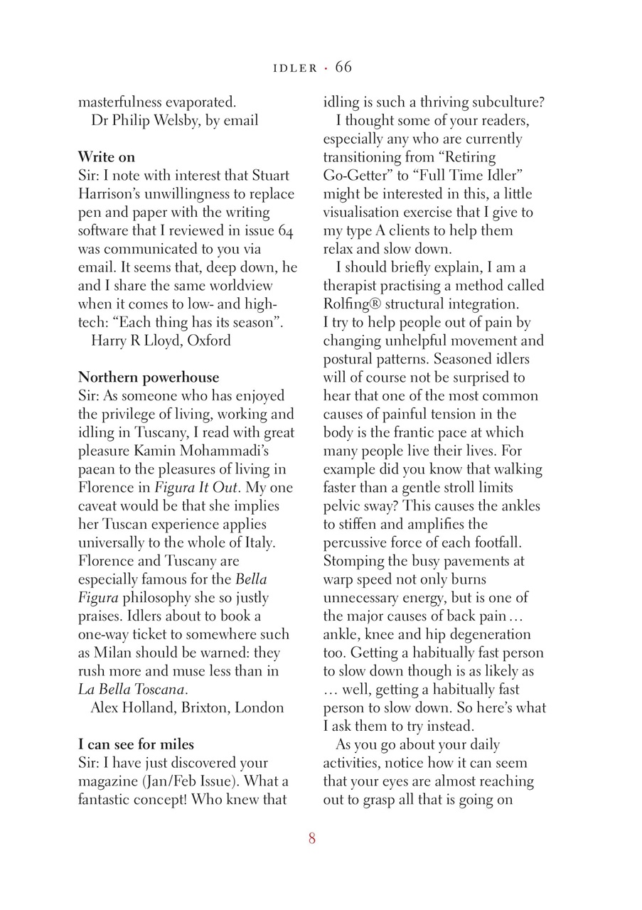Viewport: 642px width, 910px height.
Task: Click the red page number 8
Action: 312,838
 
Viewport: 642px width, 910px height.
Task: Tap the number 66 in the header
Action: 343,68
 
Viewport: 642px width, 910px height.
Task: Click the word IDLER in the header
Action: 295,68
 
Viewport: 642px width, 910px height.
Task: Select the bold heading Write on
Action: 107,156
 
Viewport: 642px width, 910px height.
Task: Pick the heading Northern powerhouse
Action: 149,377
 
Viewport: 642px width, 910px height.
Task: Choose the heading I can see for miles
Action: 136,744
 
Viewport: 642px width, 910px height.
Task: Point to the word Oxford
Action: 209,340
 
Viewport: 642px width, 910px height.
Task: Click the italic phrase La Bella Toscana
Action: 132,689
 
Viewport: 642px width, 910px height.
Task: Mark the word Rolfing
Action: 348,304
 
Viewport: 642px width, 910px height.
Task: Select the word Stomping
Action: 353,561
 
